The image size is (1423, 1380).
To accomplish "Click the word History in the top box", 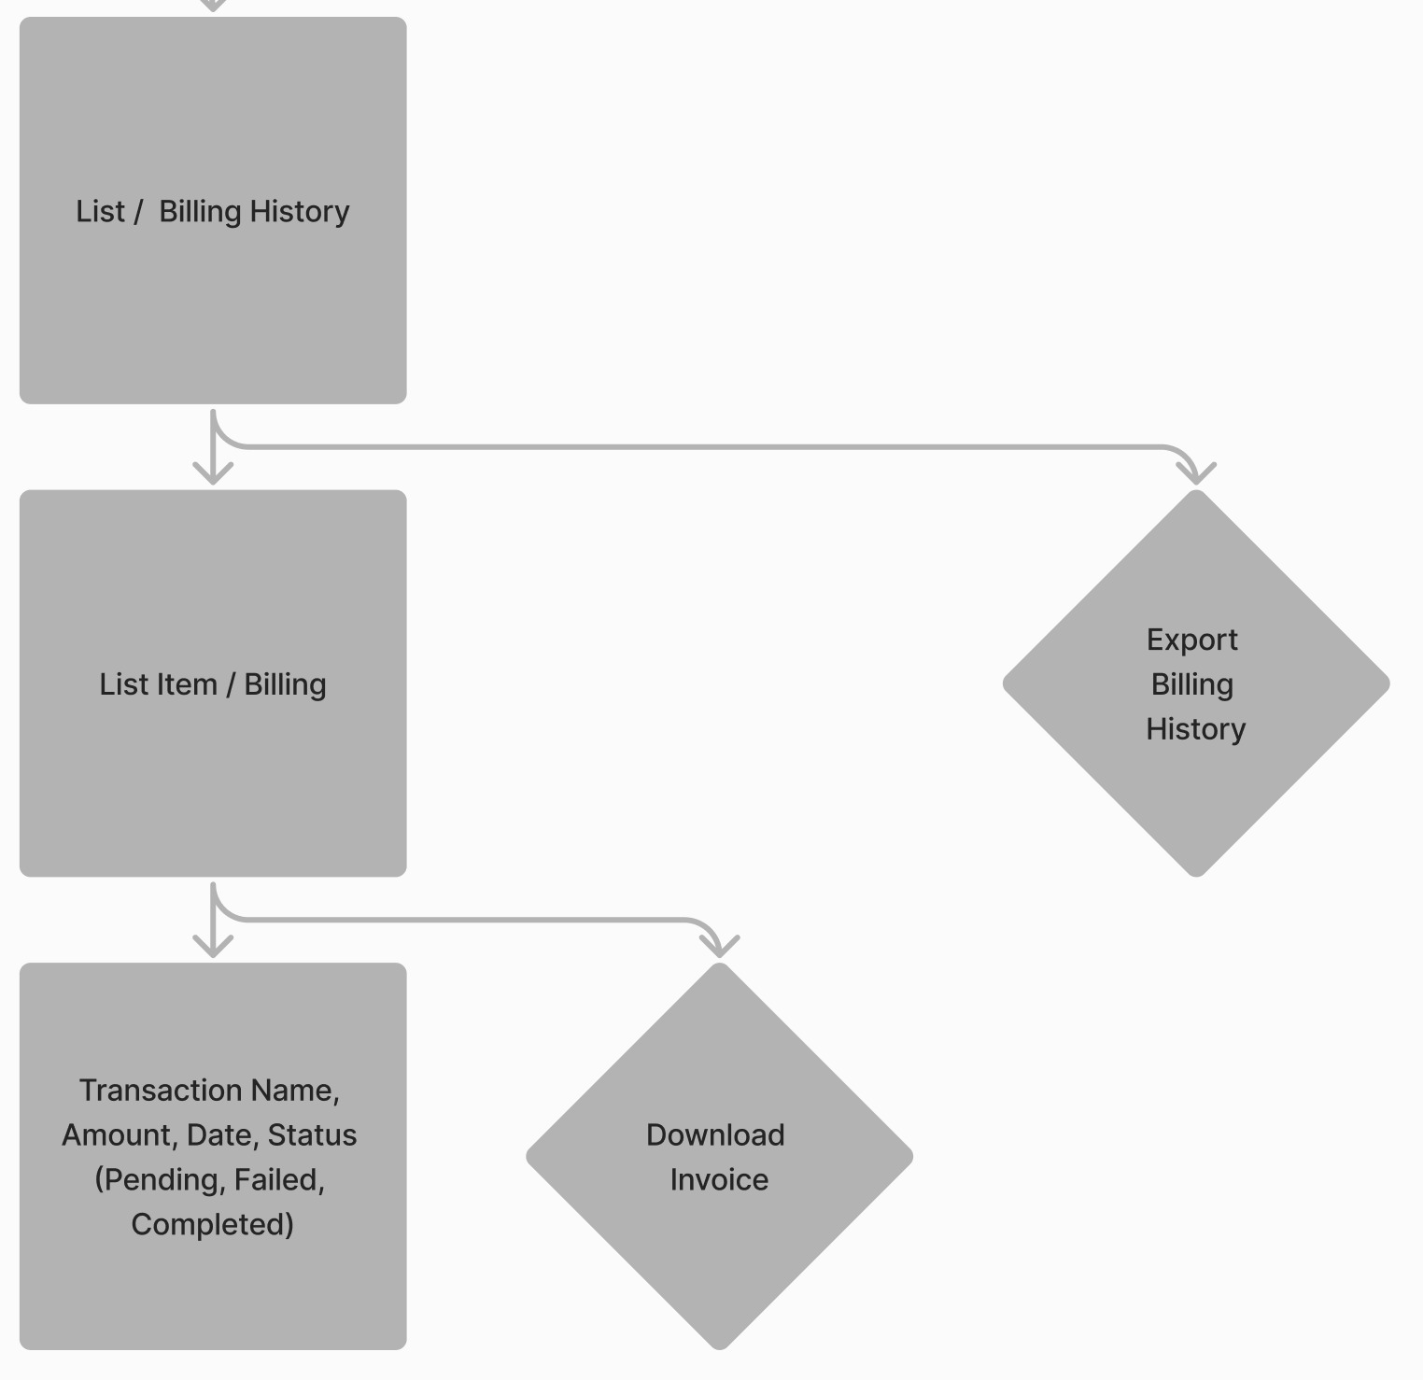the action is coord(300,212).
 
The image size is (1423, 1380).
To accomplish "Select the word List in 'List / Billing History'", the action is coord(100,211).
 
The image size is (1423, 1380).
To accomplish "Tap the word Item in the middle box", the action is coord(191,684).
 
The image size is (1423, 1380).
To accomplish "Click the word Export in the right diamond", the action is coord(1192,641).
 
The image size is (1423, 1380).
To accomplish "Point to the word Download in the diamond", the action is coord(715,1134).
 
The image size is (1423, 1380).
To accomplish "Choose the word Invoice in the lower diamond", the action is coord(719,1179).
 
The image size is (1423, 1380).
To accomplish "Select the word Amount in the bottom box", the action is coord(120,1135).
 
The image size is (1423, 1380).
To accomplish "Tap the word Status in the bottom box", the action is coord(312,1134).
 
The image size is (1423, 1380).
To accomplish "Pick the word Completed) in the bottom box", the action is coord(213,1225).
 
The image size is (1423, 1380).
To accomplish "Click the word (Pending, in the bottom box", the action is coord(160,1180).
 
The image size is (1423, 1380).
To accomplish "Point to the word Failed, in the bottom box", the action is coord(279,1180).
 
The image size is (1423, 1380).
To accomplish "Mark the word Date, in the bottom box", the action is coord(223,1135).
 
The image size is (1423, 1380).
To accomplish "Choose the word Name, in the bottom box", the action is coord(299,1091).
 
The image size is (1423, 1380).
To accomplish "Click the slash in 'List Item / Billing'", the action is coord(231,684).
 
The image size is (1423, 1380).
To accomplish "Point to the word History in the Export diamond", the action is coord(1196,729).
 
